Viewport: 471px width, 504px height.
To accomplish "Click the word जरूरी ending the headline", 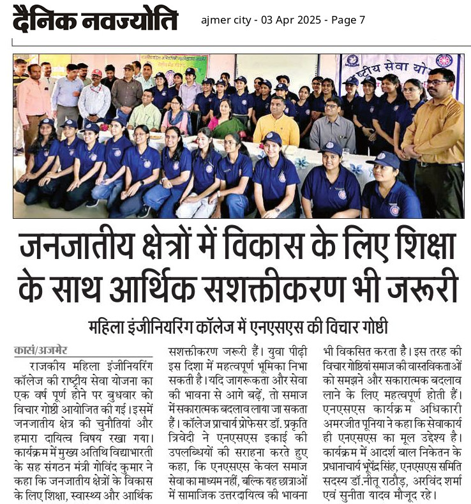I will tap(422, 287).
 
